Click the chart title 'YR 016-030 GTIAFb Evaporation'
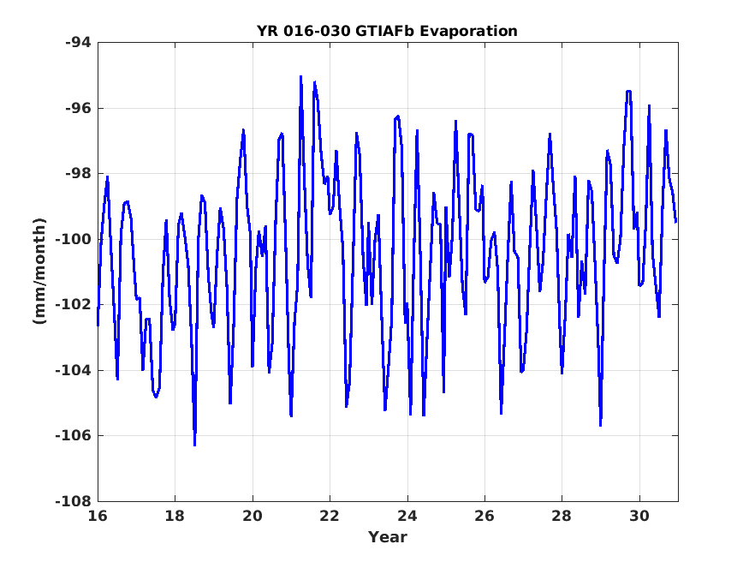[x=387, y=31]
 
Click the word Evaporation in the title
[x=468, y=32]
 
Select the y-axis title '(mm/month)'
[x=39, y=271]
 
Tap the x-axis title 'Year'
[x=388, y=536]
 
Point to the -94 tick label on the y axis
[x=78, y=43]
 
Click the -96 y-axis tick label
[x=78, y=108]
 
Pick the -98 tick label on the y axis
[x=78, y=173]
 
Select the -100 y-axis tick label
[x=73, y=239]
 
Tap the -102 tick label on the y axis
[x=73, y=304]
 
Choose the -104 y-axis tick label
[x=73, y=370]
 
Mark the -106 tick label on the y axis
[x=73, y=436]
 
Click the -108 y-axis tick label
[x=73, y=501]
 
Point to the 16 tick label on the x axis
[x=98, y=516]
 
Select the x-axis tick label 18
[x=175, y=516]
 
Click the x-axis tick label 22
[x=330, y=516]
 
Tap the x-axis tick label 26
[x=484, y=516]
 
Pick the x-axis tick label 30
[x=639, y=516]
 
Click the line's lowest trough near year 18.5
[x=195, y=445]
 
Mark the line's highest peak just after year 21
[x=301, y=76]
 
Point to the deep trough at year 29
[x=600, y=425]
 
